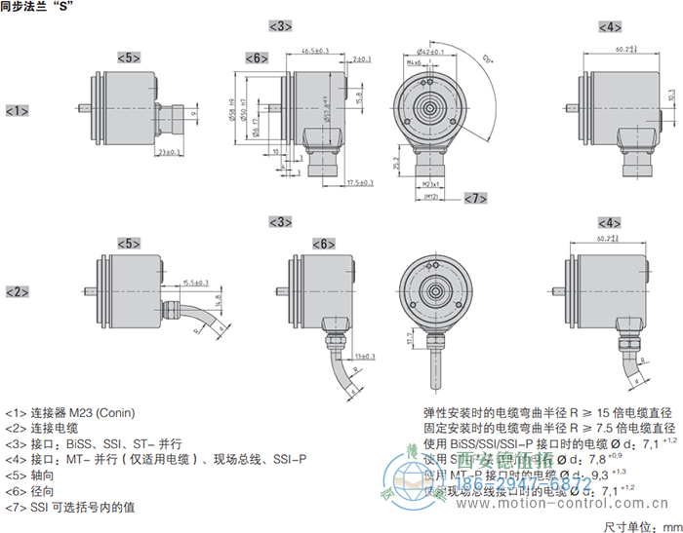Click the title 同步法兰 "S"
(38, 7)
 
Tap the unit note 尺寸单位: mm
(638, 524)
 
